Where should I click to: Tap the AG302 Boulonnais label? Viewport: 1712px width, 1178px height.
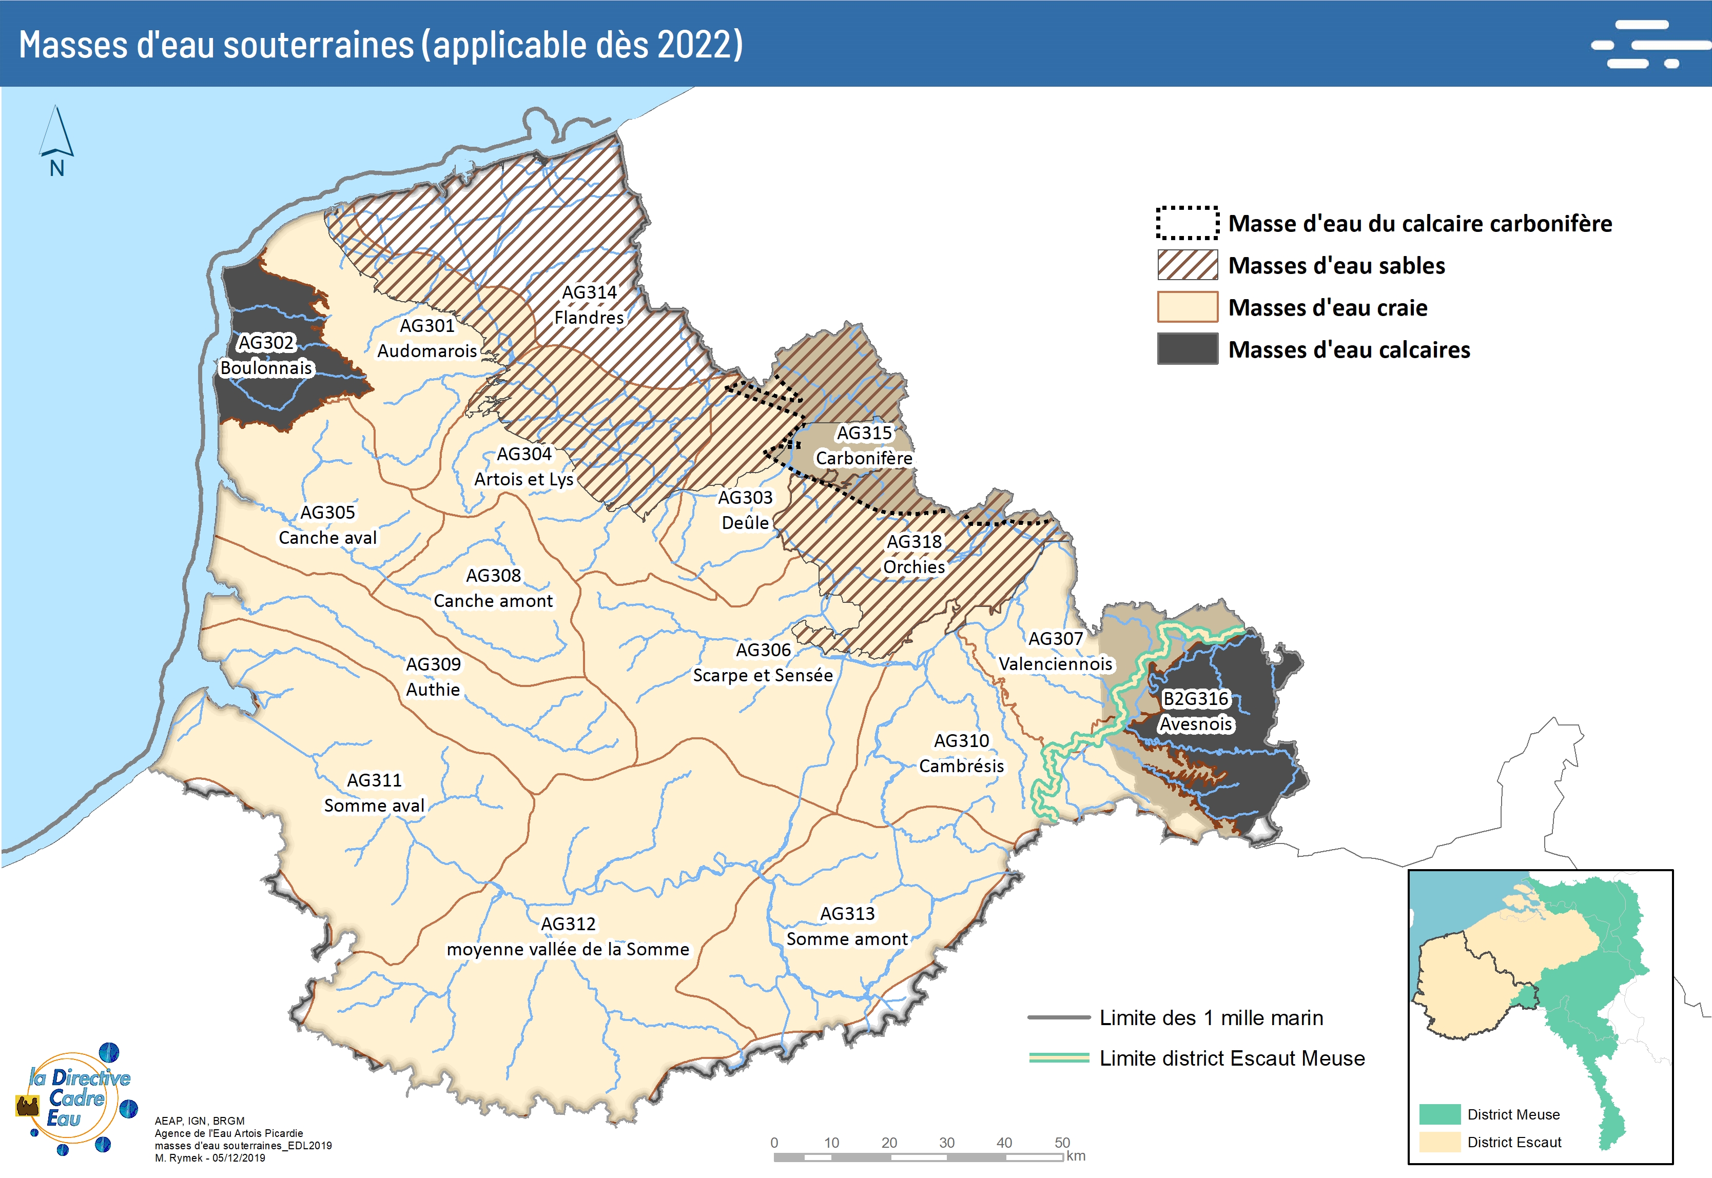coord(266,355)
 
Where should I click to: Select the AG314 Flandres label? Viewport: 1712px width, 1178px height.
coord(589,305)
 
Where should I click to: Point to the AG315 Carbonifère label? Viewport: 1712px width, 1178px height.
coord(864,446)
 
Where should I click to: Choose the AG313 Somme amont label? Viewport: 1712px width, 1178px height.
coord(847,926)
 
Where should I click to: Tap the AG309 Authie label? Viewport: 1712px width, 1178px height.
coord(433,677)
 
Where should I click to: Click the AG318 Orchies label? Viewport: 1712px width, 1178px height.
coord(914,554)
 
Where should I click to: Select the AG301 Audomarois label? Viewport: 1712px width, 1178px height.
coord(426,338)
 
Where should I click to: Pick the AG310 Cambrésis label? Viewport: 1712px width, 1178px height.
coord(961,753)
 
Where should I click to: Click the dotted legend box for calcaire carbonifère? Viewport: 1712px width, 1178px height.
coord(1187,223)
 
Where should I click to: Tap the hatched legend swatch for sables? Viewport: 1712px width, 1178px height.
coord(1187,265)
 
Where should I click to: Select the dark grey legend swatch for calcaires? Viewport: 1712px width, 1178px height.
coord(1187,349)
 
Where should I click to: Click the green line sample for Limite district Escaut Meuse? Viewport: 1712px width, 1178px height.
coord(1059,1058)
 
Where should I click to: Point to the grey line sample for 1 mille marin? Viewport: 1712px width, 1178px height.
coord(1059,1017)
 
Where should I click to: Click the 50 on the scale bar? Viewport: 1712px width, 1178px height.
coord(1062,1143)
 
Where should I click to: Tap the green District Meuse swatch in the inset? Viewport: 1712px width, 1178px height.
coord(1439,1114)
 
